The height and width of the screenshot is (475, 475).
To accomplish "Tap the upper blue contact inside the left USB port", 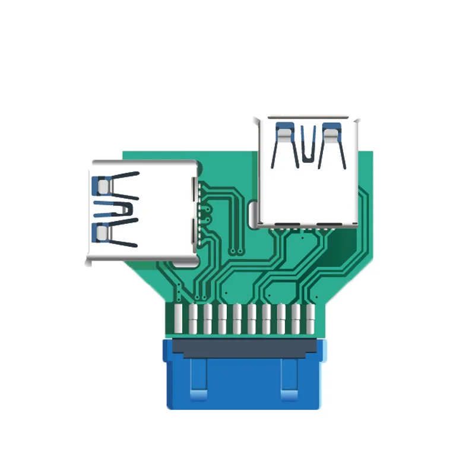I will (102, 186).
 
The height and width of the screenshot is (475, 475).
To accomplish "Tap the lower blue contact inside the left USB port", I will (102, 232).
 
